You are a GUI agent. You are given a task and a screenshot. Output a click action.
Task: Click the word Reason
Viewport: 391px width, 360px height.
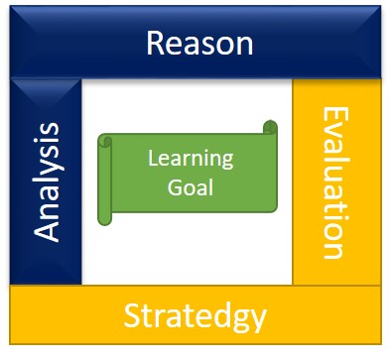[x=199, y=45]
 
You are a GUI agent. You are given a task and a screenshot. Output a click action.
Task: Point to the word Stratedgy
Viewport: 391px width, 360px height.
[x=195, y=316]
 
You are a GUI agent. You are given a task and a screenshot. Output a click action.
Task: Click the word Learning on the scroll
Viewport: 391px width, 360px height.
[x=190, y=158]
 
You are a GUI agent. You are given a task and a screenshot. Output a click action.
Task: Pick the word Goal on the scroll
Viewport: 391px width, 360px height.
[x=191, y=185]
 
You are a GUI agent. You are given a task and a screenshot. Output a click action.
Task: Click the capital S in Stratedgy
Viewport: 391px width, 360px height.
[x=133, y=316]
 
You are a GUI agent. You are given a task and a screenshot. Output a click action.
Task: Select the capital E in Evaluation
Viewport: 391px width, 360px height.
[x=334, y=121]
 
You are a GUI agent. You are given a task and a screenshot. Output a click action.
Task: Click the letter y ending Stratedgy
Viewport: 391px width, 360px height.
[x=258, y=319]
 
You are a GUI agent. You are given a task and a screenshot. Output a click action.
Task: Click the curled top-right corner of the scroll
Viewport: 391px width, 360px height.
[x=270, y=128]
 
